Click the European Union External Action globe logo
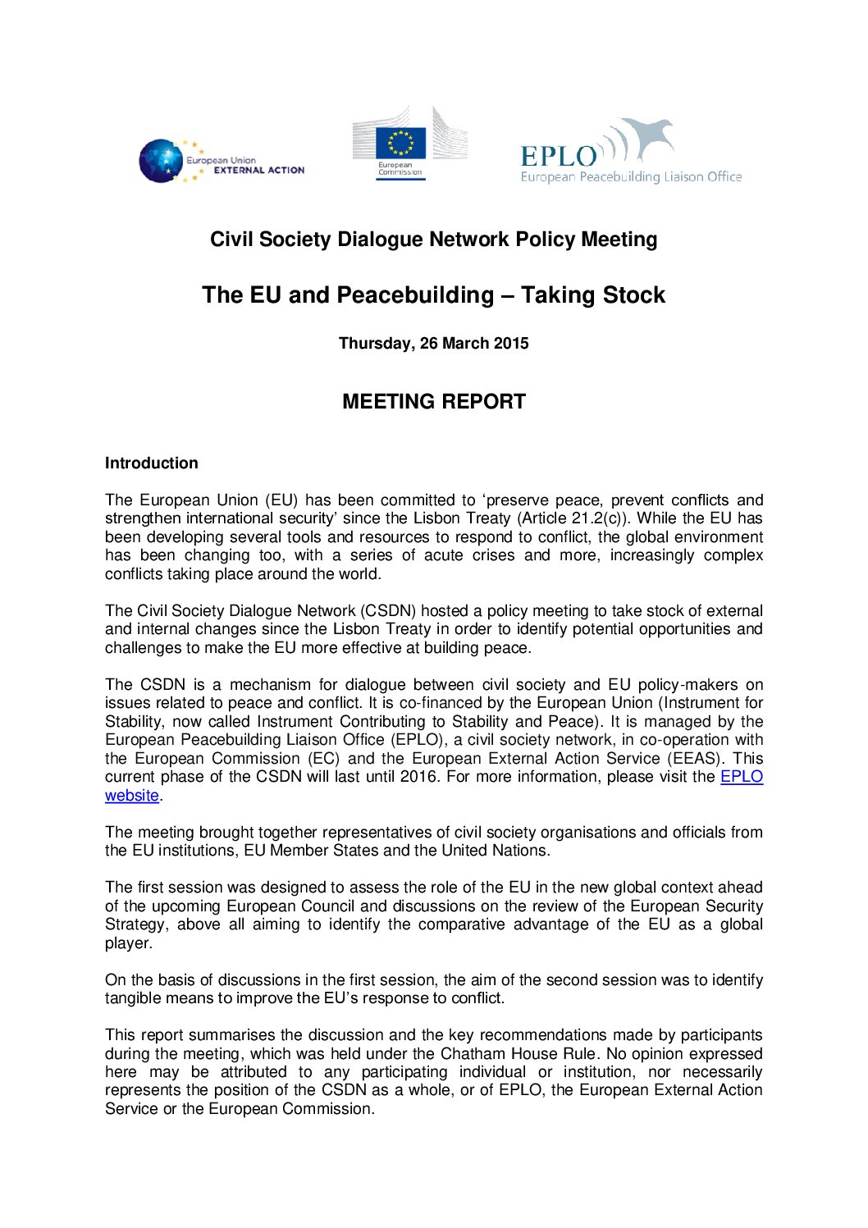tap(161, 161)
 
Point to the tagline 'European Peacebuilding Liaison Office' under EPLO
tap(631, 177)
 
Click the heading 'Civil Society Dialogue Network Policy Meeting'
tap(433, 240)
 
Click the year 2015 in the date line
tap(511, 344)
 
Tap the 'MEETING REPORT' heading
tap(433, 402)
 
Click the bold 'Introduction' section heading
tap(152, 463)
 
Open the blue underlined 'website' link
tap(132, 796)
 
